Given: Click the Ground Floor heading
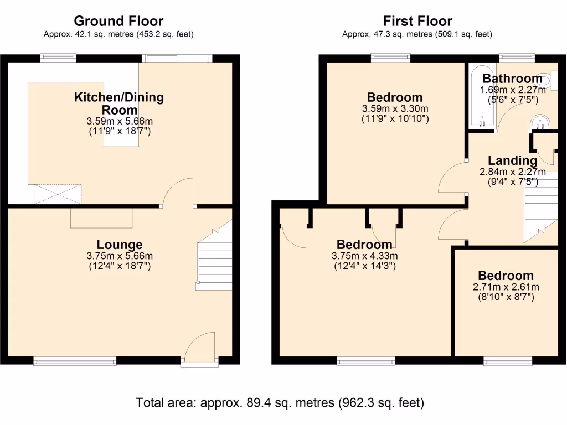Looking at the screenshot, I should point(118,22).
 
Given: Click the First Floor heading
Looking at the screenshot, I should point(417,22).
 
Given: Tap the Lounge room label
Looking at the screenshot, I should point(120,245).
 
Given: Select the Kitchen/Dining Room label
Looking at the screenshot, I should point(119,103).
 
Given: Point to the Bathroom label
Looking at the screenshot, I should point(512,79).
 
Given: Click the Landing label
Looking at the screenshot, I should point(513,161).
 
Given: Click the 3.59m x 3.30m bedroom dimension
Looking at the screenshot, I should point(395,108).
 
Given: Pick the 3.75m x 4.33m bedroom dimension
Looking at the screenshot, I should point(365,256).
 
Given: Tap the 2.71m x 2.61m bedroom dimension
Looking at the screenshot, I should point(506,287).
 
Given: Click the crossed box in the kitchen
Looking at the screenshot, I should point(58,194).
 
